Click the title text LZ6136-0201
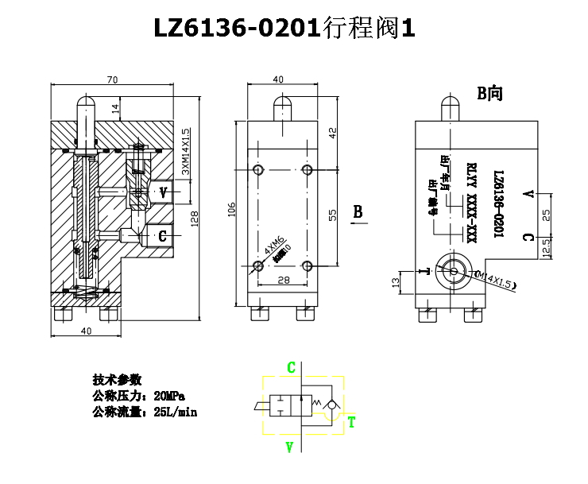pos(236,29)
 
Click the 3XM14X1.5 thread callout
pos(186,151)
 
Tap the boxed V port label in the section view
pos(163,192)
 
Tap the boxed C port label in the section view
pos(162,235)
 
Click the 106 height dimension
pos(232,209)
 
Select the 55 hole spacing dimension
pos(334,214)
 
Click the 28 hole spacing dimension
pos(283,280)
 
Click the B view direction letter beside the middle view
pos(358,212)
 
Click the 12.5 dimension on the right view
pos(545,248)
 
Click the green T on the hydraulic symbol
pos(351,421)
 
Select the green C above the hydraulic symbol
pos(292,367)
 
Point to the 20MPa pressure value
pos(170,396)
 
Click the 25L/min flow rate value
pos(175,412)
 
